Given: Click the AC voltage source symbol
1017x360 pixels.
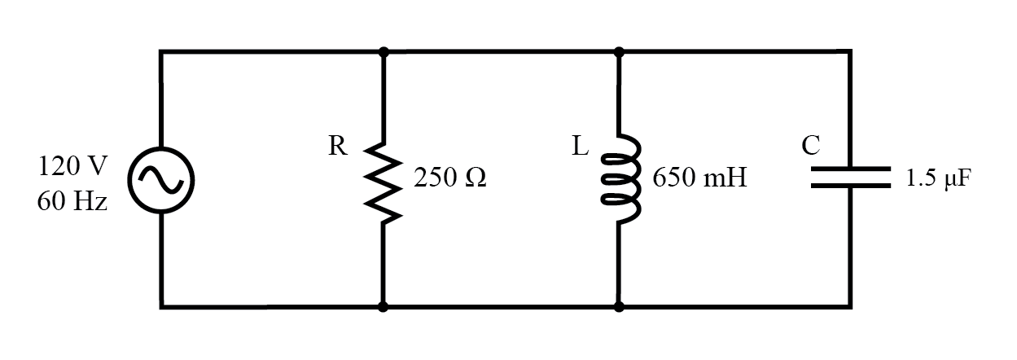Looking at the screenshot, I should [161, 179].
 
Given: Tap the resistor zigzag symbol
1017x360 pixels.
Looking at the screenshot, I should [384, 179].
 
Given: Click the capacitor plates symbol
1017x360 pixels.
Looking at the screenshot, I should [851, 178].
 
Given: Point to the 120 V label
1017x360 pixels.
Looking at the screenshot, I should [72, 166].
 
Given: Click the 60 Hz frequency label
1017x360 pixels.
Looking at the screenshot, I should [72, 201].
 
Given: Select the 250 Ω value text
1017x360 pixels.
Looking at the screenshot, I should [450, 178].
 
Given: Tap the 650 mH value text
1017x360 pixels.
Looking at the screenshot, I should [699, 178].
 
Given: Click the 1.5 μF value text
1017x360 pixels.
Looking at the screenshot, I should [939, 178].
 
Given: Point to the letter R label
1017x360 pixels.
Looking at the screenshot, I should [337, 147].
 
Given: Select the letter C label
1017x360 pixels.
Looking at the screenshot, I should [810, 146].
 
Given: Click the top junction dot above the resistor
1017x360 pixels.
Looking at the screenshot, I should [384, 52].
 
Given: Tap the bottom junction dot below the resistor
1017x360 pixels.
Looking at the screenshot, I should [384, 307].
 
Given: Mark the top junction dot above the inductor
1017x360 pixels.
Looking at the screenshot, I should [619, 52].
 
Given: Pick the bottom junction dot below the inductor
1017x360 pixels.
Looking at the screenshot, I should [619, 307].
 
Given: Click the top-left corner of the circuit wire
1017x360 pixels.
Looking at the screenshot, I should [161, 52].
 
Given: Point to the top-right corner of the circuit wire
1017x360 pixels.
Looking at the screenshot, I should [851, 52].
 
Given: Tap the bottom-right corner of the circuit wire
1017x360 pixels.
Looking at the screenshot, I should [851, 307].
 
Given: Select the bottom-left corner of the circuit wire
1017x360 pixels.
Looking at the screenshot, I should [161, 307].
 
